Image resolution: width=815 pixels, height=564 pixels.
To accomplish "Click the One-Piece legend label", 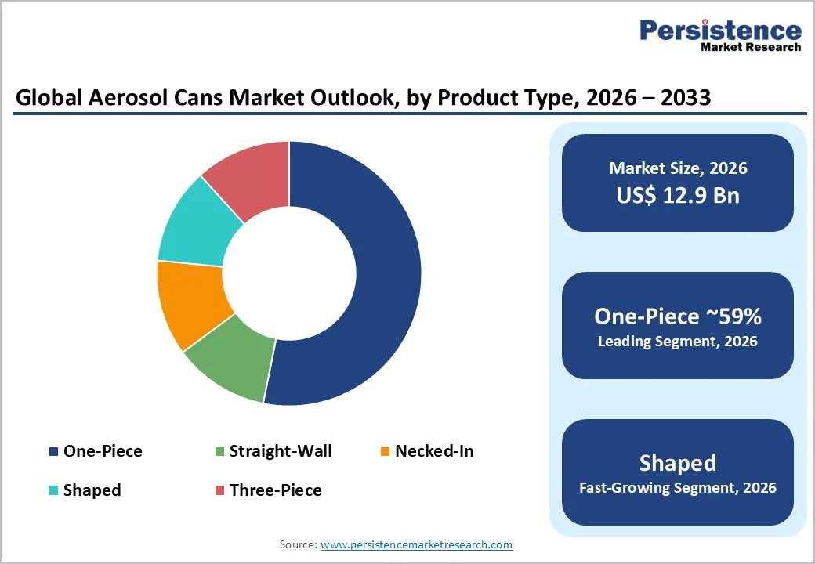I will pos(103,451).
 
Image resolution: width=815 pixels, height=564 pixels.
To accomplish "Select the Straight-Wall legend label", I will pos(281,451).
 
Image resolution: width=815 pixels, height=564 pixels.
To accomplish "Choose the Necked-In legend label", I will pos(434,451).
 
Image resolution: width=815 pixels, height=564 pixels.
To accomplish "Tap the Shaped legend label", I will pos(92,490).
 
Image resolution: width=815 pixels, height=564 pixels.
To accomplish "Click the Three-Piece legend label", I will pos(275,490).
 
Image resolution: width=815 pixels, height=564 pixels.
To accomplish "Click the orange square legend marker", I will pos(385,452).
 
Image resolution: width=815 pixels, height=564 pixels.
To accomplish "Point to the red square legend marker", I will pos(219,491).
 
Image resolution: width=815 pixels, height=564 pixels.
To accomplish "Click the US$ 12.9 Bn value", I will pos(677,195).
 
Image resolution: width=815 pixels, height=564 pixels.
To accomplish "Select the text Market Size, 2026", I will pos(677,168).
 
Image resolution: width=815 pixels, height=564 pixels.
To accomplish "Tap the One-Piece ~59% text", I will pos(677,316).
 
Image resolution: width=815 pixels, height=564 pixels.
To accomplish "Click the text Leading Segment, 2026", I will pos(677,342).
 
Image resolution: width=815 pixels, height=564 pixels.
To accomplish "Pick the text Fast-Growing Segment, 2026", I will pos(677,488).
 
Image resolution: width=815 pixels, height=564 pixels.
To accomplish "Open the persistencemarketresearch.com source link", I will pos(416,544).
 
